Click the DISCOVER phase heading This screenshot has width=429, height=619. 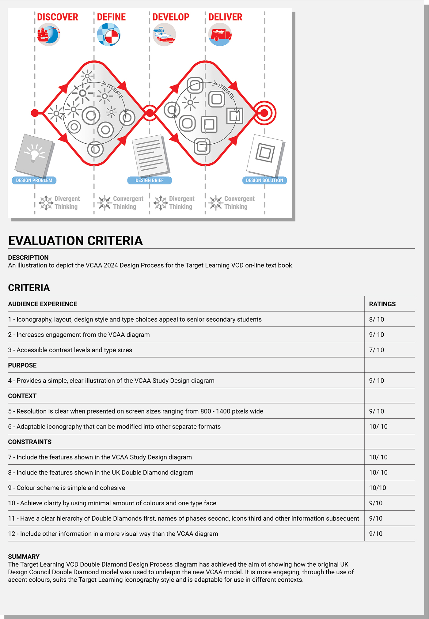click(x=58, y=17)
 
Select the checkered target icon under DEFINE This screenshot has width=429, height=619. click(x=108, y=35)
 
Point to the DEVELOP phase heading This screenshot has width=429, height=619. click(x=171, y=17)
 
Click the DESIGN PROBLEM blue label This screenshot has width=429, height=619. click(x=34, y=180)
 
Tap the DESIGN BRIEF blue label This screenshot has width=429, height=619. click(x=150, y=180)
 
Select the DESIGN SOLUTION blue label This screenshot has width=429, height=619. click(x=264, y=180)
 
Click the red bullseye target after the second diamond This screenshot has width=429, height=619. click(x=264, y=113)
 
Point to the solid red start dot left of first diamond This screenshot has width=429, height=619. click(x=35, y=113)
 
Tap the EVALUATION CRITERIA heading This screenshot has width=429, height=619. click(x=75, y=241)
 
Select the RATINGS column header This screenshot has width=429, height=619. click(x=382, y=304)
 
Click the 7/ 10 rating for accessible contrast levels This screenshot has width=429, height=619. click(x=376, y=350)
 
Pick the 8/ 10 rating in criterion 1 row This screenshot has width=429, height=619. click(x=376, y=319)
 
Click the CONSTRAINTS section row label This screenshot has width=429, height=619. click(x=30, y=442)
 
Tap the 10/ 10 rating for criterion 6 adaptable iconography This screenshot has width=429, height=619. click(x=378, y=427)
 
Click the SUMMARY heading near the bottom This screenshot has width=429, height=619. click(x=24, y=557)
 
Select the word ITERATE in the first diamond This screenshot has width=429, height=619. click(x=115, y=91)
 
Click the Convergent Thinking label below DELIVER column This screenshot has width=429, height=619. click(x=235, y=202)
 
